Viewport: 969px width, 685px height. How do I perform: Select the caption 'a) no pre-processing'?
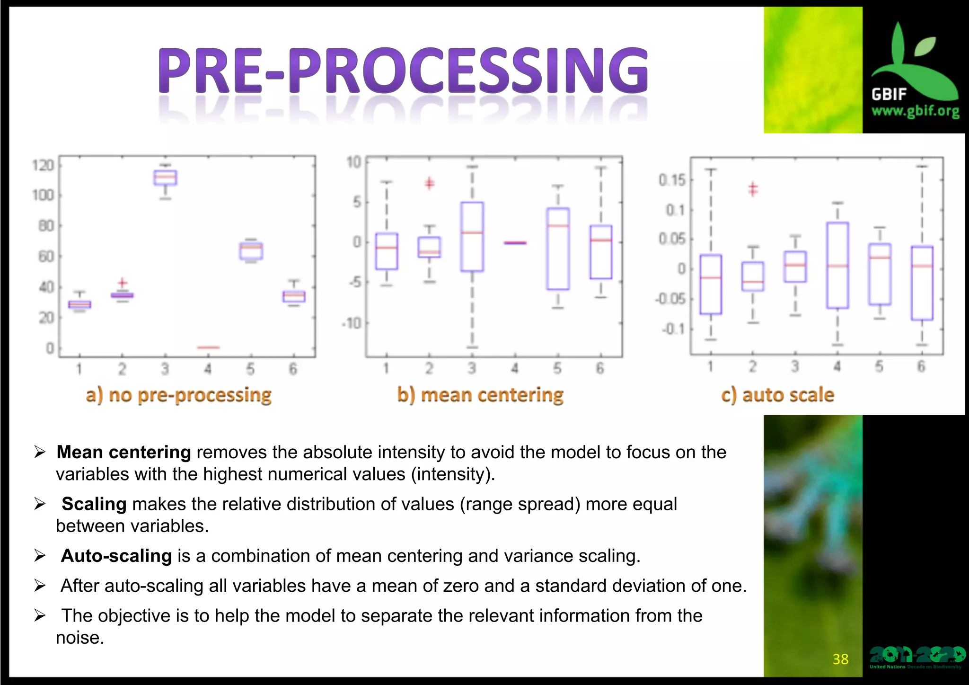coord(179,394)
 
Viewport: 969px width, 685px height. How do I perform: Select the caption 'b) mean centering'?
coord(480,394)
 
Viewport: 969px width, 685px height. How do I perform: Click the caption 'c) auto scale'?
coord(777,394)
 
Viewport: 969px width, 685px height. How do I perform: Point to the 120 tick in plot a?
coord(43,165)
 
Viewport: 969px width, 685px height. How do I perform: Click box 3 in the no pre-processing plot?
coord(165,178)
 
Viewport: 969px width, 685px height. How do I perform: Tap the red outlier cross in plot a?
coord(123,283)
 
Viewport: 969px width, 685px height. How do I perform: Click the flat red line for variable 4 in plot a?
coord(208,347)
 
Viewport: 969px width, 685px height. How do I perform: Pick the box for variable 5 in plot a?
coord(251,251)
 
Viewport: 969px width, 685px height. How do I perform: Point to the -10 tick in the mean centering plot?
coord(352,323)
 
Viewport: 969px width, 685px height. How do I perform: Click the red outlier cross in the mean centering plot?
coord(429,183)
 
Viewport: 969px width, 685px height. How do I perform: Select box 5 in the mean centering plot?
coord(558,249)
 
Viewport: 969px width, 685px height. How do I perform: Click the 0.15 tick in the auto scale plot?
coord(672,180)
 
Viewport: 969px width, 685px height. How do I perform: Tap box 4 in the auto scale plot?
coord(837,265)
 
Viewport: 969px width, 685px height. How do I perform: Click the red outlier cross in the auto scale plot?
coord(753,189)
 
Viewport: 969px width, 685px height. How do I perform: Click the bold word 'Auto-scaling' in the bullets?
coord(116,556)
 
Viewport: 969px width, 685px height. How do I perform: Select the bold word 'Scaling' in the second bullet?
coord(94,504)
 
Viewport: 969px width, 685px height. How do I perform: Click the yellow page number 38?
coord(840,659)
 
